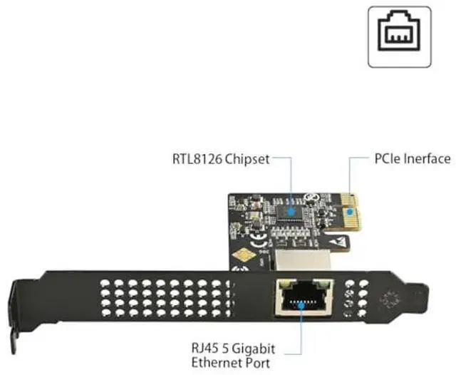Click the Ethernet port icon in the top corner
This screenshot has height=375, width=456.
click(x=400, y=36)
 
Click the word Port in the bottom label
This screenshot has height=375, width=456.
click(x=258, y=363)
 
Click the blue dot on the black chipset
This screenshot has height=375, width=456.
click(x=291, y=211)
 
